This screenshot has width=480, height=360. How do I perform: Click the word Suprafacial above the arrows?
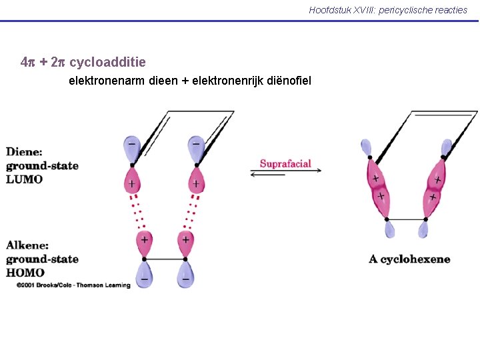[x=285, y=164]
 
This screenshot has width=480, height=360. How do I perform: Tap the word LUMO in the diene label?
[x=25, y=179]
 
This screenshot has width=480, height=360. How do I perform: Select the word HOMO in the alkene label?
[x=25, y=272]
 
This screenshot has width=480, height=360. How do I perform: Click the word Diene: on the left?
[x=25, y=152]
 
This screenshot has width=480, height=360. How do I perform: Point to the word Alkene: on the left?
[x=27, y=245]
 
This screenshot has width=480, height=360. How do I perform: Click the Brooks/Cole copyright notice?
[x=73, y=285]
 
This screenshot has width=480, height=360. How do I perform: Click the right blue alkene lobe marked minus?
[x=185, y=273]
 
